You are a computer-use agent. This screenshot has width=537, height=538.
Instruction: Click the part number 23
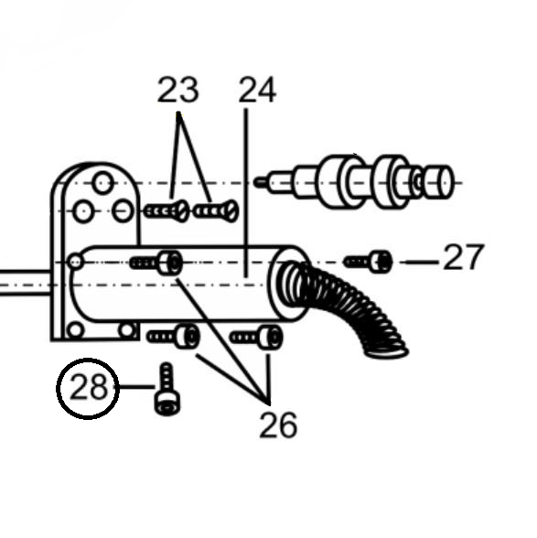(x=178, y=90)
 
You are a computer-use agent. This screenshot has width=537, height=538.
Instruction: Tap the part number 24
(x=257, y=90)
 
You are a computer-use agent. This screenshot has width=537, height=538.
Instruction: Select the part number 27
(x=464, y=257)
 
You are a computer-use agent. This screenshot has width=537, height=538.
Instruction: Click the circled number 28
(x=88, y=388)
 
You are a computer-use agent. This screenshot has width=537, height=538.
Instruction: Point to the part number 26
(x=278, y=425)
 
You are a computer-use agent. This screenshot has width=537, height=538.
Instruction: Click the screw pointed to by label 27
(x=368, y=262)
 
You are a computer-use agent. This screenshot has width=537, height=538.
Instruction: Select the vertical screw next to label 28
(x=167, y=389)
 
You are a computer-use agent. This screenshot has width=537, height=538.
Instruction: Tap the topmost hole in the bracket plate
(x=103, y=183)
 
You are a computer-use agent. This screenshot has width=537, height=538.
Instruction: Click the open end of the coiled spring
(x=387, y=352)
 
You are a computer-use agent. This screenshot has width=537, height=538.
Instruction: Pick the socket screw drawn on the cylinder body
(x=156, y=264)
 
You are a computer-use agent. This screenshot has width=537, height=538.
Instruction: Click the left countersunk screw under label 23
(x=166, y=211)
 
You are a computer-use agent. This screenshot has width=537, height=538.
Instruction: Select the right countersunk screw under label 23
(x=216, y=210)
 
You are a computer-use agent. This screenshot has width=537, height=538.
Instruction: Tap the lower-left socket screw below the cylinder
(x=173, y=337)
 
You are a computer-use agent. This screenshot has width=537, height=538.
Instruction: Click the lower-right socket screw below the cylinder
(x=257, y=338)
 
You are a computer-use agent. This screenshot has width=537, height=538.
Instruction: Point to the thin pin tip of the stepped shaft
(x=259, y=182)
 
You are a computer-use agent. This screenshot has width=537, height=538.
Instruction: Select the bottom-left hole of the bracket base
(x=75, y=330)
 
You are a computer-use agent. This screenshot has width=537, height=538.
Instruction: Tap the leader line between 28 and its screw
(x=137, y=387)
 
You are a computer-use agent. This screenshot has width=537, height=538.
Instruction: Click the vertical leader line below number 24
(x=246, y=193)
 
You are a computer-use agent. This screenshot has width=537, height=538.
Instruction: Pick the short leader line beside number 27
(x=422, y=262)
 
